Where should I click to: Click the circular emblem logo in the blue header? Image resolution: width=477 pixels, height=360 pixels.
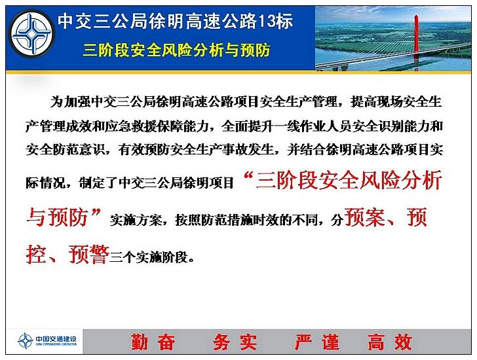point(32,33)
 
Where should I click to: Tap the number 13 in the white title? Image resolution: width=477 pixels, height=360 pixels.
point(266,21)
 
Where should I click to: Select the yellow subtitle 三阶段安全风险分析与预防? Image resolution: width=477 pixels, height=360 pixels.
point(176,50)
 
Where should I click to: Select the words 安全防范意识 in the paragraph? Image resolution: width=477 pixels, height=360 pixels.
point(65,150)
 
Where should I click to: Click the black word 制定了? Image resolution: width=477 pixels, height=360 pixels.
point(98,183)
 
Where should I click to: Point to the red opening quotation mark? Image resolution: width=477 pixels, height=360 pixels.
point(249,176)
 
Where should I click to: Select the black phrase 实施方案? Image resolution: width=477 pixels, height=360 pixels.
point(136,220)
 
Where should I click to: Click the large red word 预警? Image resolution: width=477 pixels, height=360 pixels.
point(89,254)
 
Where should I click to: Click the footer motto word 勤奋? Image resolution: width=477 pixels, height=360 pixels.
point(153,342)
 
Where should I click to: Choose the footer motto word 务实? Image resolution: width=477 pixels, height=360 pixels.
point(235,342)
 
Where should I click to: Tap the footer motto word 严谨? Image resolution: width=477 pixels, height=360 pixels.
point(317,342)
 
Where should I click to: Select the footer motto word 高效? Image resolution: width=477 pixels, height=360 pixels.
point(391,342)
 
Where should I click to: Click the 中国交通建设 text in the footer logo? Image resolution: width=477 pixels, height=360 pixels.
point(56,339)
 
